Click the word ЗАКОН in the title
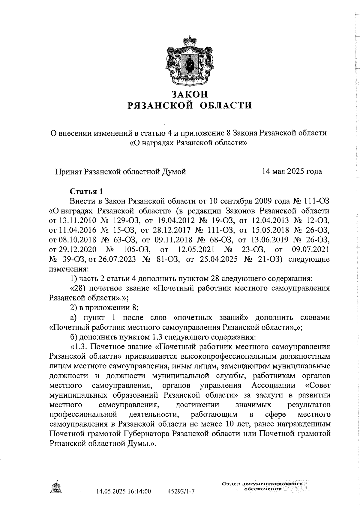(x=189, y=94)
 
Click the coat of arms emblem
(x=189, y=61)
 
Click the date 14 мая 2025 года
(x=292, y=171)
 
